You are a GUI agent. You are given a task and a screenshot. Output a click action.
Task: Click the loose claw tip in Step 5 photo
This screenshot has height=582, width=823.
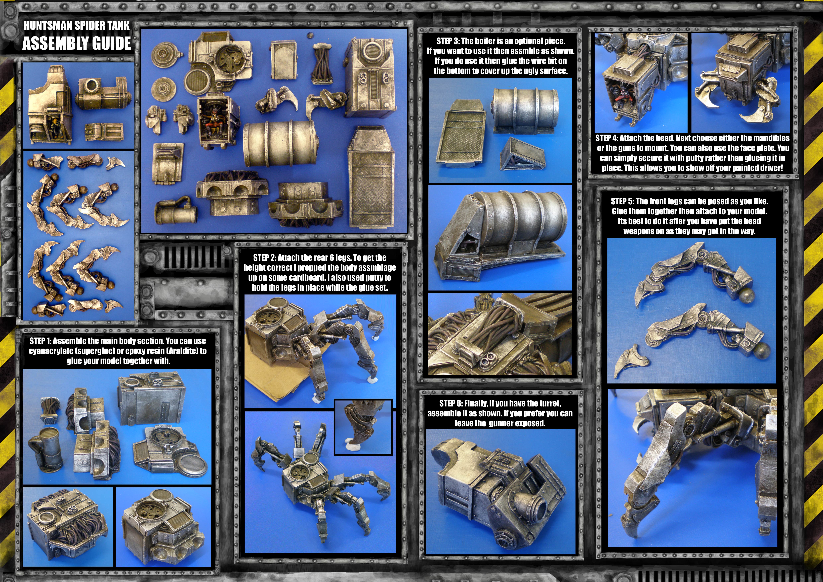click(626, 360)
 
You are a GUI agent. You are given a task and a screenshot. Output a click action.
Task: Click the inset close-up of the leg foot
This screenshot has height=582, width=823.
click(363, 427)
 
